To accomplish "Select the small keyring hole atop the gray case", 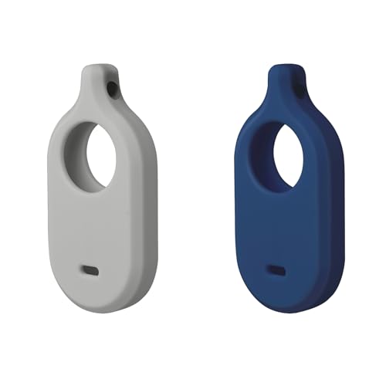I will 113,90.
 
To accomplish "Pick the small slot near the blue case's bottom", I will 276,272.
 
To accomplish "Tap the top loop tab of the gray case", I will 97,81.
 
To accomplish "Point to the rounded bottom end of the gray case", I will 96,304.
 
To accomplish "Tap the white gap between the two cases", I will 193,193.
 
